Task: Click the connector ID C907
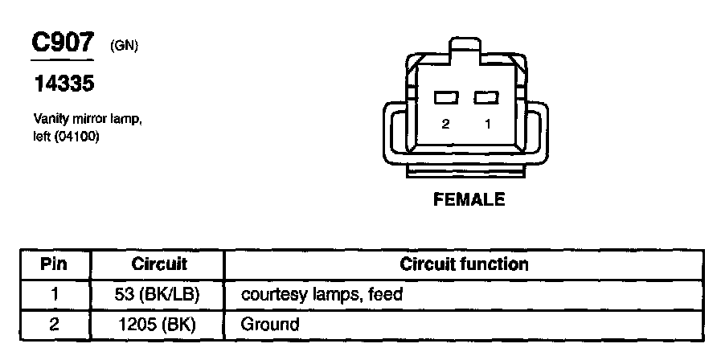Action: pos(63,43)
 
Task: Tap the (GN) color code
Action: pos(125,47)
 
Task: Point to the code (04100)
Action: pos(76,134)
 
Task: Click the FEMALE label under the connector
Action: pos(469,200)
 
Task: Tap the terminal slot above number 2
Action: pos(445,98)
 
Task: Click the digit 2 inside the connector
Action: pos(445,125)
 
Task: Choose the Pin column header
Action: pos(55,264)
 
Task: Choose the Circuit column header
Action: pos(158,264)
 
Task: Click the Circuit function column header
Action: pos(464,264)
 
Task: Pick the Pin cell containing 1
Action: pos(55,294)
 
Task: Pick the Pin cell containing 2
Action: pos(55,325)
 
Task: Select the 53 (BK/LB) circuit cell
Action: pos(158,294)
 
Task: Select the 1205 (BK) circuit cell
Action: pos(158,325)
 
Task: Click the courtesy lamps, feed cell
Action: pos(322,295)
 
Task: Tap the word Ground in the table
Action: pos(270,325)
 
